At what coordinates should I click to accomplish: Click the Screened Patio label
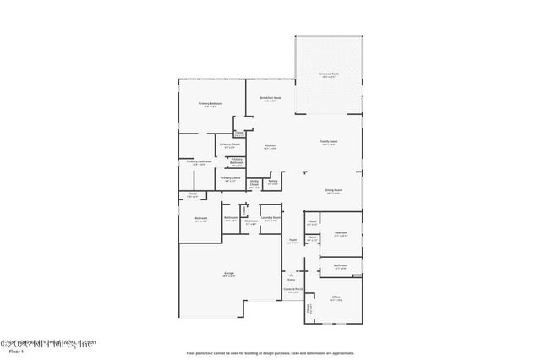pyautogui.click(x=329, y=74)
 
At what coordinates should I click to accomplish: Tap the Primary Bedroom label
pyautogui.click(x=210, y=104)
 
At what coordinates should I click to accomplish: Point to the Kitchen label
pyautogui.click(x=270, y=146)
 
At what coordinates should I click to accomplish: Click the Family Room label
pyautogui.click(x=329, y=141)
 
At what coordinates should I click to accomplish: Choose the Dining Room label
pyautogui.click(x=333, y=191)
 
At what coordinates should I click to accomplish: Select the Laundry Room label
pyautogui.click(x=270, y=219)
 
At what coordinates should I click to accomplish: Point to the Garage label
pyautogui.click(x=228, y=273)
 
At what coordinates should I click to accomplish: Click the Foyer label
pyautogui.click(x=292, y=240)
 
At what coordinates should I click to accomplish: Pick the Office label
pyautogui.click(x=336, y=297)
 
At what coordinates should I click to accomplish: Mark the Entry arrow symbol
pyautogui.click(x=292, y=273)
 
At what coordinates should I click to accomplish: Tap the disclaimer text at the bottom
pyautogui.click(x=270, y=353)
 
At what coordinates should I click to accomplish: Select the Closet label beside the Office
pyautogui.click(x=309, y=309)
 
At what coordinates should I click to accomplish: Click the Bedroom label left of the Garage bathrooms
pyautogui.click(x=201, y=219)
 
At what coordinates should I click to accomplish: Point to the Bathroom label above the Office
pyautogui.click(x=341, y=265)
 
